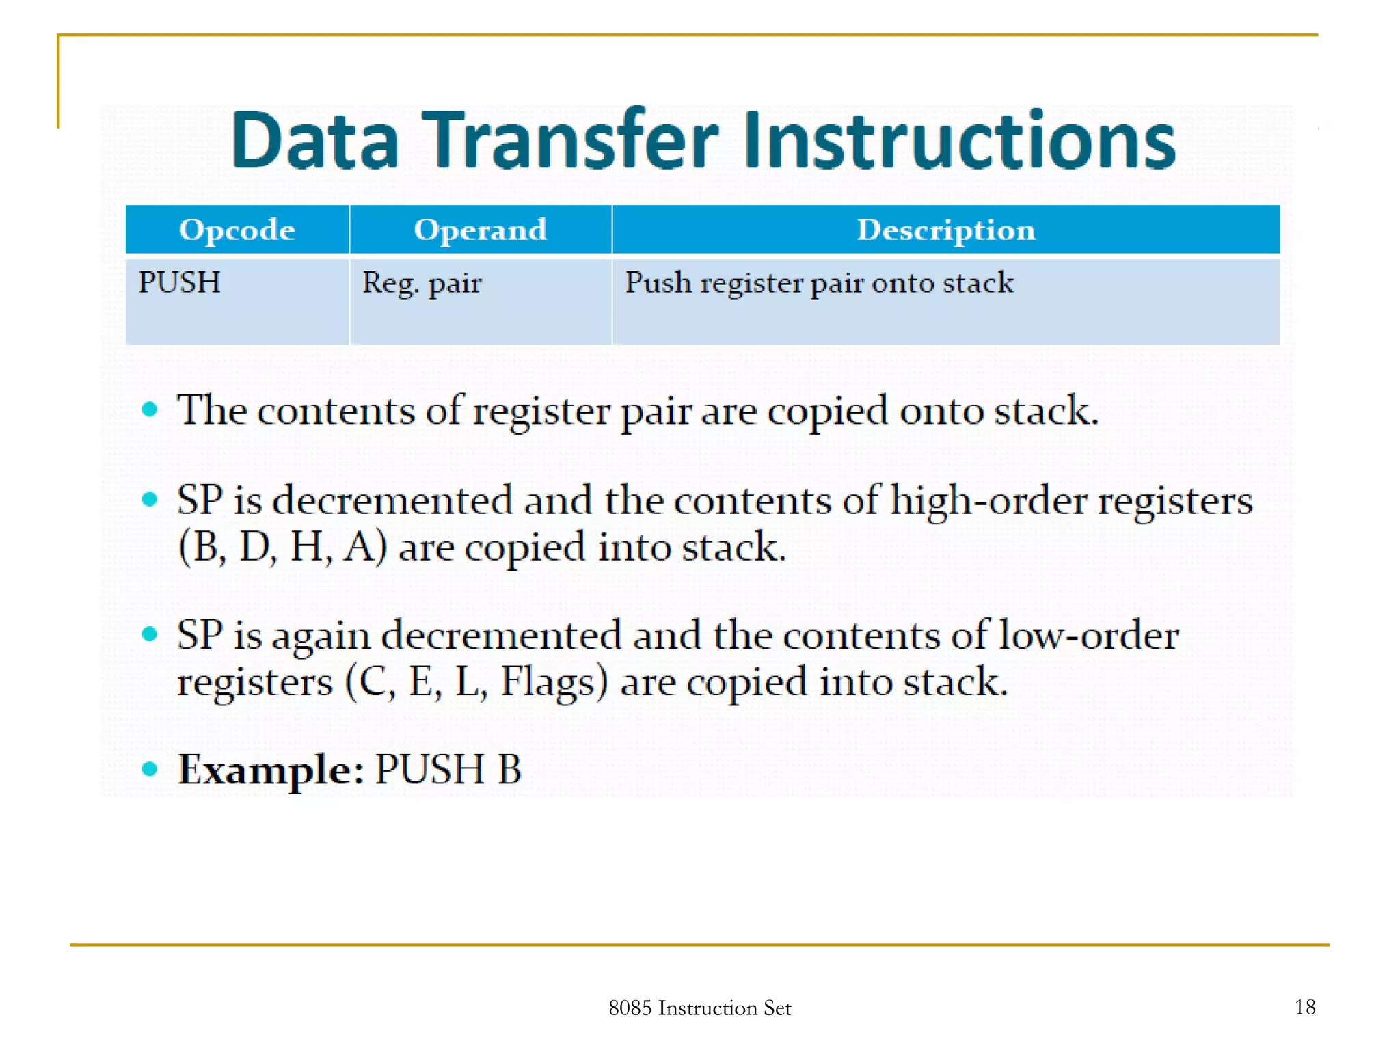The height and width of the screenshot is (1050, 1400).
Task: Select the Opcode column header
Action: [237, 230]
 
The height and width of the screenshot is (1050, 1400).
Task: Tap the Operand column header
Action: [480, 230]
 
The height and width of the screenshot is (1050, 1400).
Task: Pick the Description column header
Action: [945, 230]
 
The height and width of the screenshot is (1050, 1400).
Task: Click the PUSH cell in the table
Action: [179, 282]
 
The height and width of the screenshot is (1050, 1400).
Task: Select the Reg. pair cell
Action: [421, 282]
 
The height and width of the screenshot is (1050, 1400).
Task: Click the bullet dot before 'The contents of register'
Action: [150, 410]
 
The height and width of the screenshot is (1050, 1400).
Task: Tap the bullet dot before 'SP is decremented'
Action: [150, 499]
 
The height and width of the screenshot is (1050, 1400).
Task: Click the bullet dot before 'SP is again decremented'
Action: [150, 634]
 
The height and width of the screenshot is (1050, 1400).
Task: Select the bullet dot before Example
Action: [150, 769]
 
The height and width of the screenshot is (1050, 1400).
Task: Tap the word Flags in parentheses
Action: [554, 682]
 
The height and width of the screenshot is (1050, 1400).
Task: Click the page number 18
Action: [1304, 1007]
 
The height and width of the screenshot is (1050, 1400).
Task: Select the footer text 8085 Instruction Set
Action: [699, 1008]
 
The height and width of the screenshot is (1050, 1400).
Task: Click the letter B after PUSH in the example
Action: [509, 770]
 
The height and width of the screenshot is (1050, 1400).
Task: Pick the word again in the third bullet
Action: [321, 637]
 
